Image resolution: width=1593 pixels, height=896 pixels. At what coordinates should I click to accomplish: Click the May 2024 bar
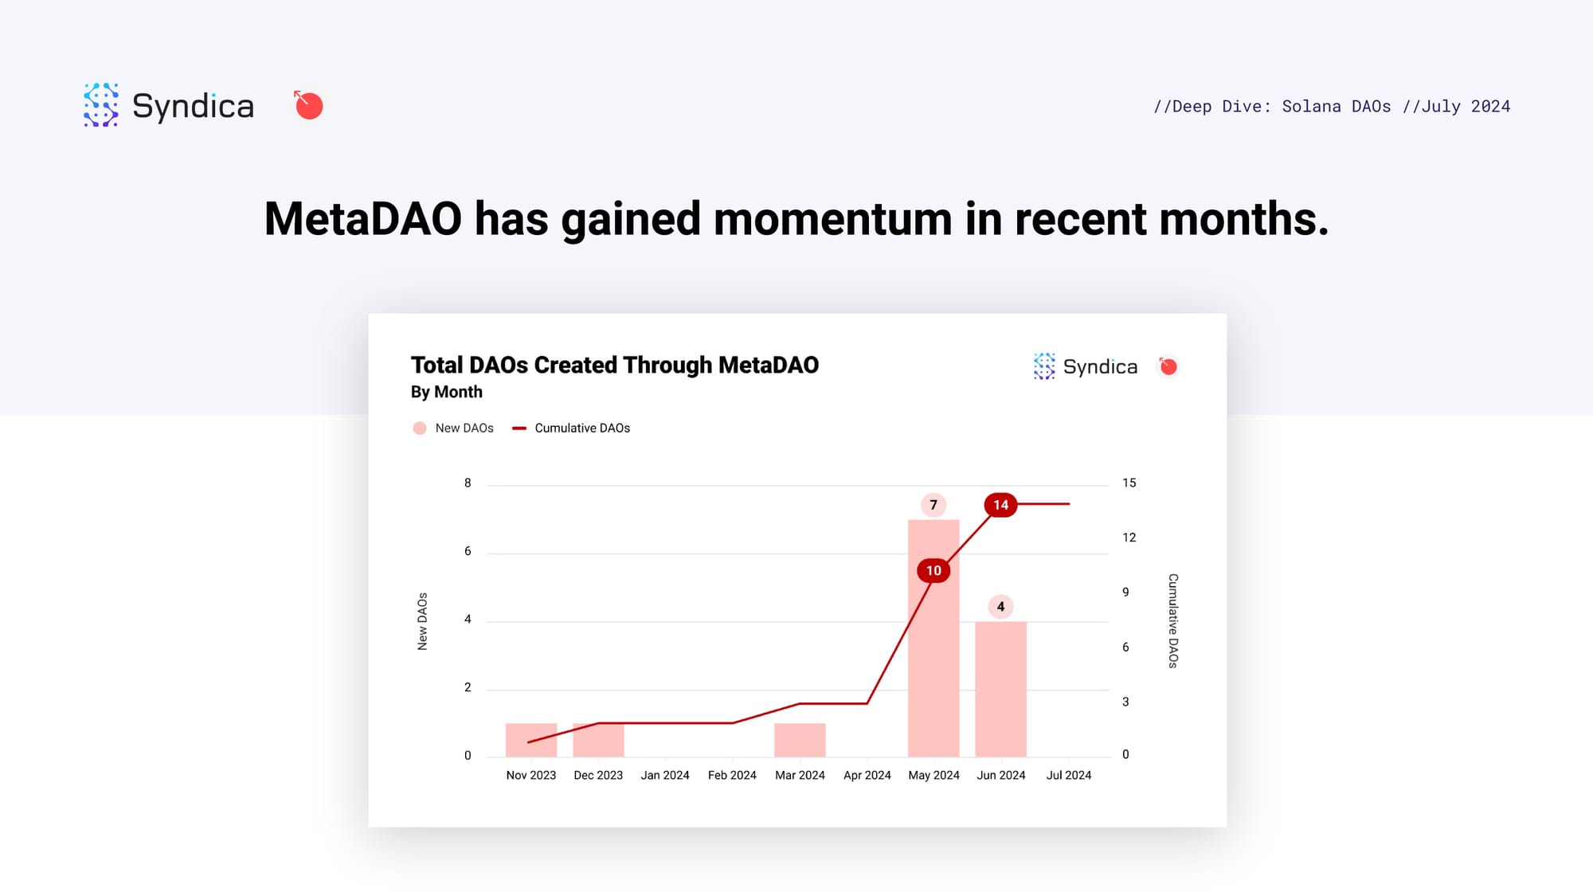click(933, 638)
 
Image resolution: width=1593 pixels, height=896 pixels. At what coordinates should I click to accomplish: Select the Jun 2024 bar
click(1000, 689)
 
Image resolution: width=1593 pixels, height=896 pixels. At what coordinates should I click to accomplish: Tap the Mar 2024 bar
click(800, 740)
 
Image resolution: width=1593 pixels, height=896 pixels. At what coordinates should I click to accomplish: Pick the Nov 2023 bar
click(531, 740)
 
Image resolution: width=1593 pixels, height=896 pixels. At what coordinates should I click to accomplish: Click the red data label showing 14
click(1000, 505)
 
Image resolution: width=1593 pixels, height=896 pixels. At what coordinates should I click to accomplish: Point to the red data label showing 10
click(933, 570)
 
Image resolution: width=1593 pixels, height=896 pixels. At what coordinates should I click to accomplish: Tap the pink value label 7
click(933, 505)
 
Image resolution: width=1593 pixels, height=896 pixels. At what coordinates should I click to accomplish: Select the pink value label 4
click(1000, 607)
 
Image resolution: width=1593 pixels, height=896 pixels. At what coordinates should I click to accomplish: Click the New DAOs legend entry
click(453, 428)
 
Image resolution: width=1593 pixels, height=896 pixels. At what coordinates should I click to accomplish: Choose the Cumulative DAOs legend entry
click(571, 428)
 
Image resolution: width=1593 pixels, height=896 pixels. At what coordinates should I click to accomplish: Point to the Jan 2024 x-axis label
click(665, 776)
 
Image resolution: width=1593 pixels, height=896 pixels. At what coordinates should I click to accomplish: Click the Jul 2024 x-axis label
click(1068, 776)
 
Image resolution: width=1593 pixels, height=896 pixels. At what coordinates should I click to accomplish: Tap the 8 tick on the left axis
click(468, 483)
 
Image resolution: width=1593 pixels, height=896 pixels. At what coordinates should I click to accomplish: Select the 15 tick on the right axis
click(1129, 483)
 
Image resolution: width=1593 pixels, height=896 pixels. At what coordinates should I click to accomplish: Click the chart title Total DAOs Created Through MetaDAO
click(615, 365)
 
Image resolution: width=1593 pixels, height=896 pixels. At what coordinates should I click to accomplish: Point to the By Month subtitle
click(447, 392)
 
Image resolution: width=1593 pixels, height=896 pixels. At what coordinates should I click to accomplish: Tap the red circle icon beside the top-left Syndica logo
click(308, 105)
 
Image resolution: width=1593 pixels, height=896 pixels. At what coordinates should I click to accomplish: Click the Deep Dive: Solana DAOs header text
click(1272, 107)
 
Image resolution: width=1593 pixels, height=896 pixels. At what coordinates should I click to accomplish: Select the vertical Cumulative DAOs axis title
click(1173, 620)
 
